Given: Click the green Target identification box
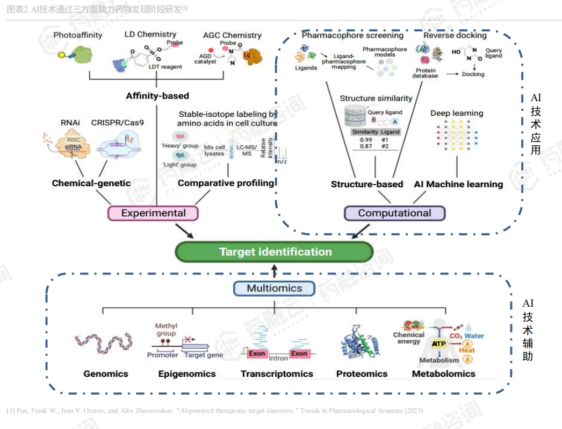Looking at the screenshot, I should pyautogui.click(x=275, y=252).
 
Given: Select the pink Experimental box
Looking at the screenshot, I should pyautogui.click(x=153, y=213).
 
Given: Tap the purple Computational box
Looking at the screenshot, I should pyautogui.click(x=394, y=213).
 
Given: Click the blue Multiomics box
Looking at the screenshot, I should pyautogui.click(x=274, y=289).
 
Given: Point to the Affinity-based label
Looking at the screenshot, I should pyautogui.click(x=157, y=96).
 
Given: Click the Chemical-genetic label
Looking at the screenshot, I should pyautogui.click(x=91, y=183).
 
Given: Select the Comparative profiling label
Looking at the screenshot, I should pyautogui.click(x=226, y=183).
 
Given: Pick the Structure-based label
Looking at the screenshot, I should pyautogui.click(x=367, y=184).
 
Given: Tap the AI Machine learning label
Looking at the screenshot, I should pyautogui.click(x=458, y=184).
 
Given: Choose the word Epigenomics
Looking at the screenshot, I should pyautogui.click(x=187, y=374).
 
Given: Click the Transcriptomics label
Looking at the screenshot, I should pyautogui.click(x=277, y=374).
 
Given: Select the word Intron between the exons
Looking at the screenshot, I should pyautogui.click(x=278, y=358).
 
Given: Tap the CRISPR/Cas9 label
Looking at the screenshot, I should pyautogui.click(x=118, y=123).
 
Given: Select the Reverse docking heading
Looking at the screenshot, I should pyautogui.click(x=455, y=36).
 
